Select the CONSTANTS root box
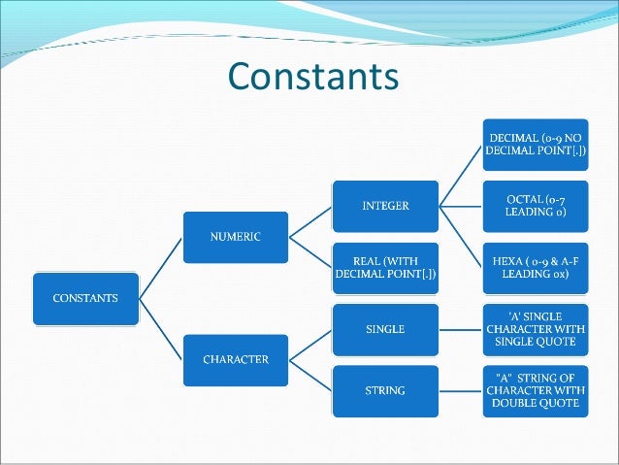point(86,298)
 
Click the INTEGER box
point(384,206)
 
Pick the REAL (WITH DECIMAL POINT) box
point(384,267)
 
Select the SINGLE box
point(384,329)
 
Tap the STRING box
point(384,391)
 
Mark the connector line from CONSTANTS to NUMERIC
point(160,267)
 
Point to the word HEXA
point(503,260)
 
